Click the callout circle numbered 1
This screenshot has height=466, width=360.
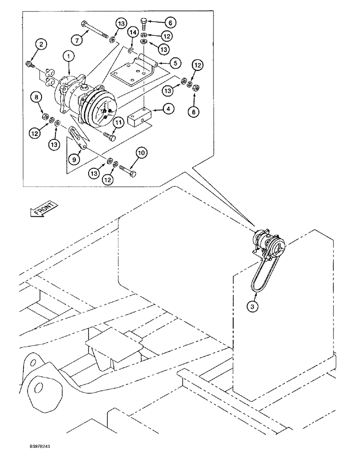pyautogui.click(x=69, y=56)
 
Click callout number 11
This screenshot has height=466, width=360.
pyautogui.click(x=119, y=123)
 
